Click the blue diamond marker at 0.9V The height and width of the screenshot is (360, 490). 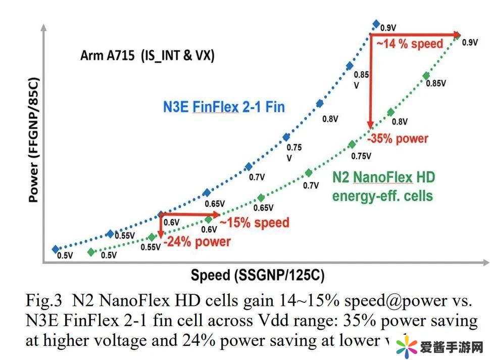(x=375, y=24)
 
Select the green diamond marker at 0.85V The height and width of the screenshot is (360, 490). (x=426, y=75)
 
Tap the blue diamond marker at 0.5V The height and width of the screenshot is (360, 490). (x=55, y=249)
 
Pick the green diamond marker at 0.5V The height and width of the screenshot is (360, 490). (x=91, y=252)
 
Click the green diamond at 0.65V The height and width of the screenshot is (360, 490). (x=261, y=198)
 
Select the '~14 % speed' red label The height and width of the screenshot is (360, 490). (x=409, y=43)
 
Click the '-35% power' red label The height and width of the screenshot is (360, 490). (x=398, y=138)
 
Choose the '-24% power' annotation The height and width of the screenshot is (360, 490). (x=198, y=241)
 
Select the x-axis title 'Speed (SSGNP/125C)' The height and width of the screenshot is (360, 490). (x=257, y=276)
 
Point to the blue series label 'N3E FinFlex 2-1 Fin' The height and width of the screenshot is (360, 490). (x=224, y=107)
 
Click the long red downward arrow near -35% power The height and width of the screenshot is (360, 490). (x=370, y=81)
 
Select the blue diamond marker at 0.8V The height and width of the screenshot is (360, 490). (x=319, y=104)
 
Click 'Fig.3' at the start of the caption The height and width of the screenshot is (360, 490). (x=43, y=301)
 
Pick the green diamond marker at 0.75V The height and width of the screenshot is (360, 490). (x=352, y=145)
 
